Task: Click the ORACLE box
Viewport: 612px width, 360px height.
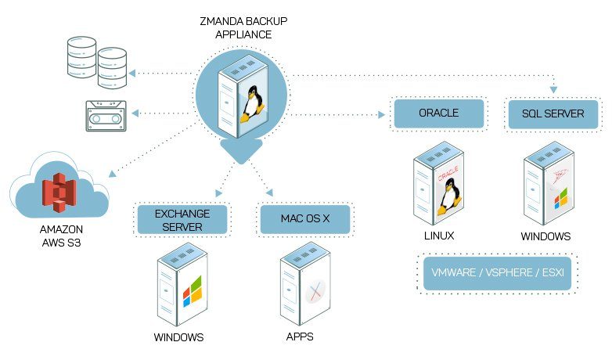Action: click(x=439, y=113)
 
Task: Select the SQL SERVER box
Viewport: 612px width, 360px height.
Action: click(x=553, y=114)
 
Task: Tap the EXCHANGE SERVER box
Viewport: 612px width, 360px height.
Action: click(x=182, y=220)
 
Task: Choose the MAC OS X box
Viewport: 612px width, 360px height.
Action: click(x=305, y=219)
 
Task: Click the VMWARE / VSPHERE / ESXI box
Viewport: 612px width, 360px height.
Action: click(x=497, y=273)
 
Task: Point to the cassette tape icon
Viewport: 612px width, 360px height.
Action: click(x=106, y=116)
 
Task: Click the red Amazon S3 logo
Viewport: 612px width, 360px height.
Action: click(x=59, y=193)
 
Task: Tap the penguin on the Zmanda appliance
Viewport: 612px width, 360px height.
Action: click(x=252, y=104)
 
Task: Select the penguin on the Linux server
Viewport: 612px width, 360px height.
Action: click(x=449, y=196)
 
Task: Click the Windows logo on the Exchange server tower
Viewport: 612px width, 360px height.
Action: click(x=193, y=291)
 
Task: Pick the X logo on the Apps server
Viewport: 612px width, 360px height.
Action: click(x=315, y=292)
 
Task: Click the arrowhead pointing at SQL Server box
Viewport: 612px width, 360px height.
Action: click(x=553, y=90)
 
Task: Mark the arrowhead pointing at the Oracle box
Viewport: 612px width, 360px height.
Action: click(x=382, y=114)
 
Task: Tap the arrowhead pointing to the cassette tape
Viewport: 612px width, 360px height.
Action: click(x=135, y=113)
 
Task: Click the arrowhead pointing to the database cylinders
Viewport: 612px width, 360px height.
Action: click(x=132, y=73)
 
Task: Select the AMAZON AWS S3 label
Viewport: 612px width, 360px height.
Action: click(x=61, y=236)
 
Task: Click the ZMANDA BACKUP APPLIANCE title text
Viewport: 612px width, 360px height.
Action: click(x=243, y=27)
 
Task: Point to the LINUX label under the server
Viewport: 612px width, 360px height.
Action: click(x=439, y=236)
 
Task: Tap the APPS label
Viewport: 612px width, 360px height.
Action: click(x=300, y=337)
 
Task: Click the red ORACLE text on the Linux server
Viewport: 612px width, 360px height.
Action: click(x=448, y=174)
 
